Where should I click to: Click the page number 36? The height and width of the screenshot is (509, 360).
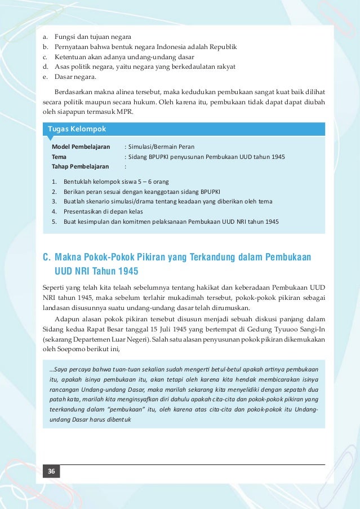pyautogui.click(x=51, y=471)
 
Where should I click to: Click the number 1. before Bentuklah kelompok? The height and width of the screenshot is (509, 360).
pyautogui.click(x=54, y=182)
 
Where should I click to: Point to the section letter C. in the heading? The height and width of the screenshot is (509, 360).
pyautogui.click(x=47, y=258)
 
